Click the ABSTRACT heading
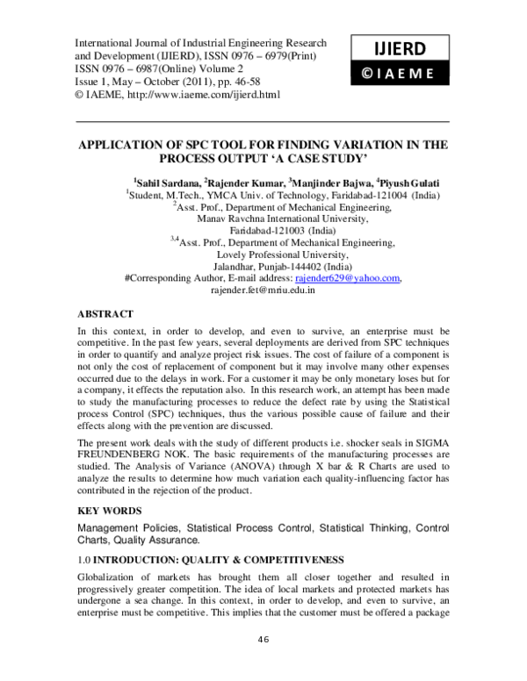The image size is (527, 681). pyautogui.click(x=105, y=313)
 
